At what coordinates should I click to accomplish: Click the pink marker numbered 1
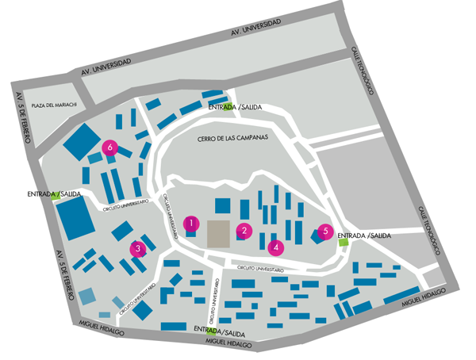pos(190,224)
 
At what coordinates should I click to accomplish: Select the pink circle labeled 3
pos(138,248)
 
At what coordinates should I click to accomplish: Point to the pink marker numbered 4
pos(275,247)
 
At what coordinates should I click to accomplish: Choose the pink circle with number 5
pos(324,232)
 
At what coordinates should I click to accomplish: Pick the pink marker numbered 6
pos(109,147)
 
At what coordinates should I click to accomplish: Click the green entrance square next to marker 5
pos(344,243)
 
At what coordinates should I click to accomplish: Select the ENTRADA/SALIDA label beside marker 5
pos(364,236)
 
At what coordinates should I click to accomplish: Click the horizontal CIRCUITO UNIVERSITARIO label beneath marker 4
pos(258,270)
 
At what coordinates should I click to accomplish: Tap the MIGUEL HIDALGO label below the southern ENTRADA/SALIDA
pos(229,343)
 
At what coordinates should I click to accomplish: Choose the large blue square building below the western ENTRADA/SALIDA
pos(75,216)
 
